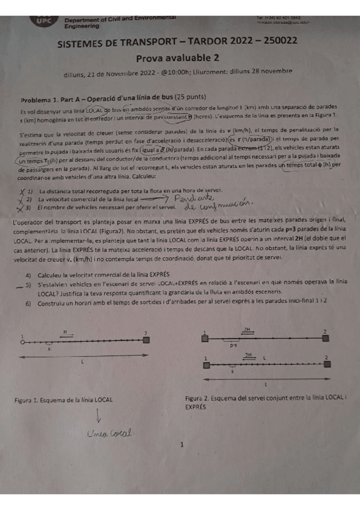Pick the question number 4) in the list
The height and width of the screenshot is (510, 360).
pos(28,274)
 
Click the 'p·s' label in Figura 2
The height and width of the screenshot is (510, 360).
pos(233,346)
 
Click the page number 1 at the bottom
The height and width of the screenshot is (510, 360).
pos(181,445)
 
